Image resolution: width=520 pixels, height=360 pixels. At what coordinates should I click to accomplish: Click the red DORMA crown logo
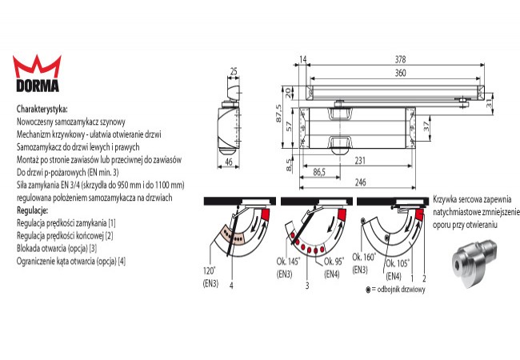37,67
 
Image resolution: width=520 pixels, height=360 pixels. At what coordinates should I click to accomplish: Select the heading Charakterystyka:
42,109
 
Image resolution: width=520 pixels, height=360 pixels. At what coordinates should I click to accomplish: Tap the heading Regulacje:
33,210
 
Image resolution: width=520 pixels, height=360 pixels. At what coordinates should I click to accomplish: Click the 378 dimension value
400,59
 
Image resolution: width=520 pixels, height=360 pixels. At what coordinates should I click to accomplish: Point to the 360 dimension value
400,73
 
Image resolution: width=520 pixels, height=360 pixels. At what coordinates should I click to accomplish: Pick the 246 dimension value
361,182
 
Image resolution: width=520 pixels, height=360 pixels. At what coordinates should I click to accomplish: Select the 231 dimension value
360,161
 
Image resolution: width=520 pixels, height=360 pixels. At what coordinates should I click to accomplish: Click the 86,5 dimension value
319,172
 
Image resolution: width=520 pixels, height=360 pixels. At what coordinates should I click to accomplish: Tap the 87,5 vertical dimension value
279,114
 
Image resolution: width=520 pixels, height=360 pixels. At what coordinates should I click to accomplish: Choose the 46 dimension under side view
229,162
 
